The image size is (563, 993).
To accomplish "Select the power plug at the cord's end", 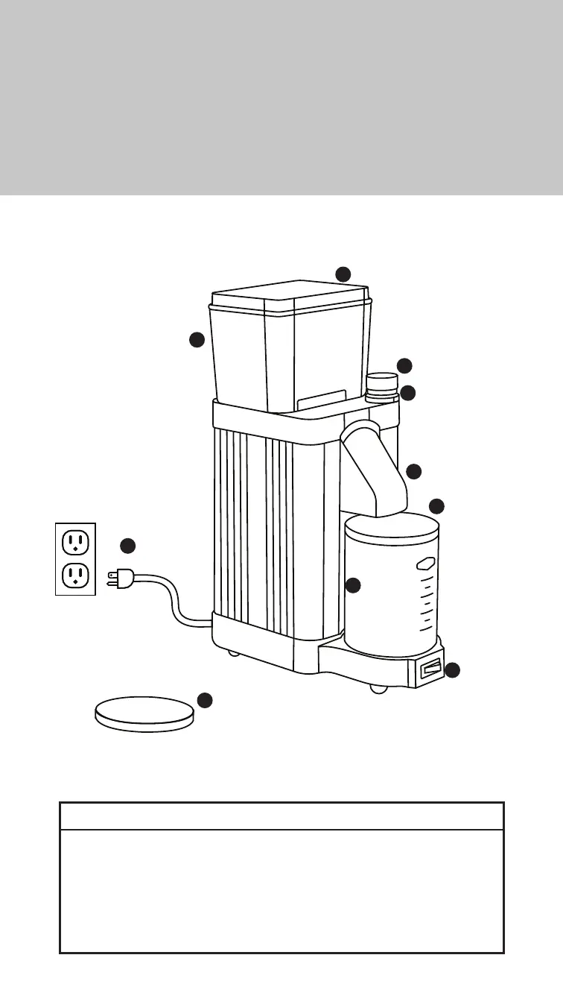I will [119, 578].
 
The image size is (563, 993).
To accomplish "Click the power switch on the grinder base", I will [430, 671].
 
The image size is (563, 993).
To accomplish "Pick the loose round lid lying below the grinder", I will [143, 713].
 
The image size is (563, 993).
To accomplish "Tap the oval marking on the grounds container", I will [425, 565].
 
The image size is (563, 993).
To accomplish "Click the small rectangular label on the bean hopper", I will [322, 400].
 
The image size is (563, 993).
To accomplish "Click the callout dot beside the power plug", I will [128, 545].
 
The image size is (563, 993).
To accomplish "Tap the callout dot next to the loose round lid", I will [205, 699].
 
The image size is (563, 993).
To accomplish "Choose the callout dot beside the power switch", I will [452, 670].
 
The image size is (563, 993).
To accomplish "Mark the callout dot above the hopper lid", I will [343, 274].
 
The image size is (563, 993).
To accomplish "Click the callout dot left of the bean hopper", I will [197, 339].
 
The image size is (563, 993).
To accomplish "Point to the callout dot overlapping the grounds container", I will [353, 585].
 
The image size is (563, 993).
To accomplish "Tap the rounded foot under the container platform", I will [380, 688].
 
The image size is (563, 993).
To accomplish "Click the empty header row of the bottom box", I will [281, 816].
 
